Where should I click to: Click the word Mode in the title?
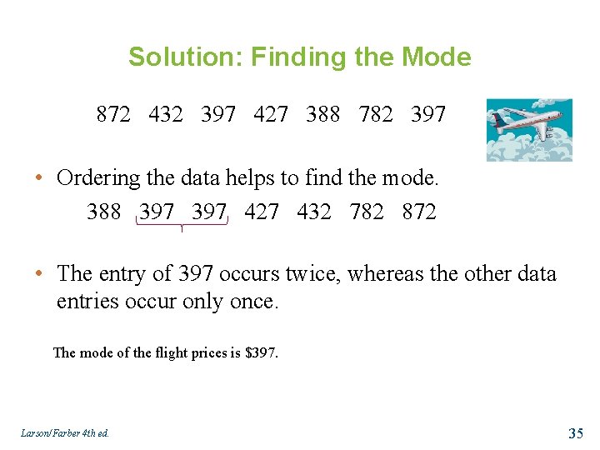click(x=436, y=57)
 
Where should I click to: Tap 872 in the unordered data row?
click(x=113, y=114)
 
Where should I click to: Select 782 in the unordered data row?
click(x=376, y=114)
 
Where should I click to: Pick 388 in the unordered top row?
click(x=323, y=114)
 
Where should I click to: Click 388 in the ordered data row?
click(x=104, y=212)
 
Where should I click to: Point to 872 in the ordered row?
click(x=418, y=212)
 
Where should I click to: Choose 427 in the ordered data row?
click(x=262, y=212)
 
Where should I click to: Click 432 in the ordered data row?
click(x=314, y=212)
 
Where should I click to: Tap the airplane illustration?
click(x=529, y=129)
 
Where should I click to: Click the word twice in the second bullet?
click(x=314, y=274)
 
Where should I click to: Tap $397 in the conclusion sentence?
click(x=261, y=352)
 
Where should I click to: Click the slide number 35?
click(x=575, y=432)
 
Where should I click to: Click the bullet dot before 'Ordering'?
click(x=40, y=179)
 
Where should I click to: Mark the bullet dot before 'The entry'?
click(x=40, y=275)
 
